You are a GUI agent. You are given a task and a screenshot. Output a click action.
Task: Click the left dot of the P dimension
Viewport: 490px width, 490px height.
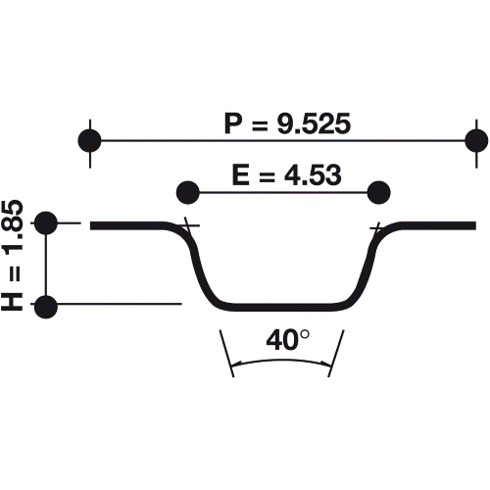(x=90, y=140)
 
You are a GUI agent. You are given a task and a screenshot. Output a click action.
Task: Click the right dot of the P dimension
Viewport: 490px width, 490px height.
(x=476, y=140)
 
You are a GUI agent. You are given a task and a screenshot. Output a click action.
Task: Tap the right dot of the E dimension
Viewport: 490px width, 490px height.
(x=378, y=190)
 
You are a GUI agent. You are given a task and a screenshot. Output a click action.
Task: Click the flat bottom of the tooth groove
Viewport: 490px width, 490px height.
(x=282, y=304)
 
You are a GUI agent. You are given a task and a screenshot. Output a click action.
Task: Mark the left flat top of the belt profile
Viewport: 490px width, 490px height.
(x=132, y=225)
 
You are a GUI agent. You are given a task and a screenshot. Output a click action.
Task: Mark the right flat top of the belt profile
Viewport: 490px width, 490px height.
(x=436, y=225)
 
